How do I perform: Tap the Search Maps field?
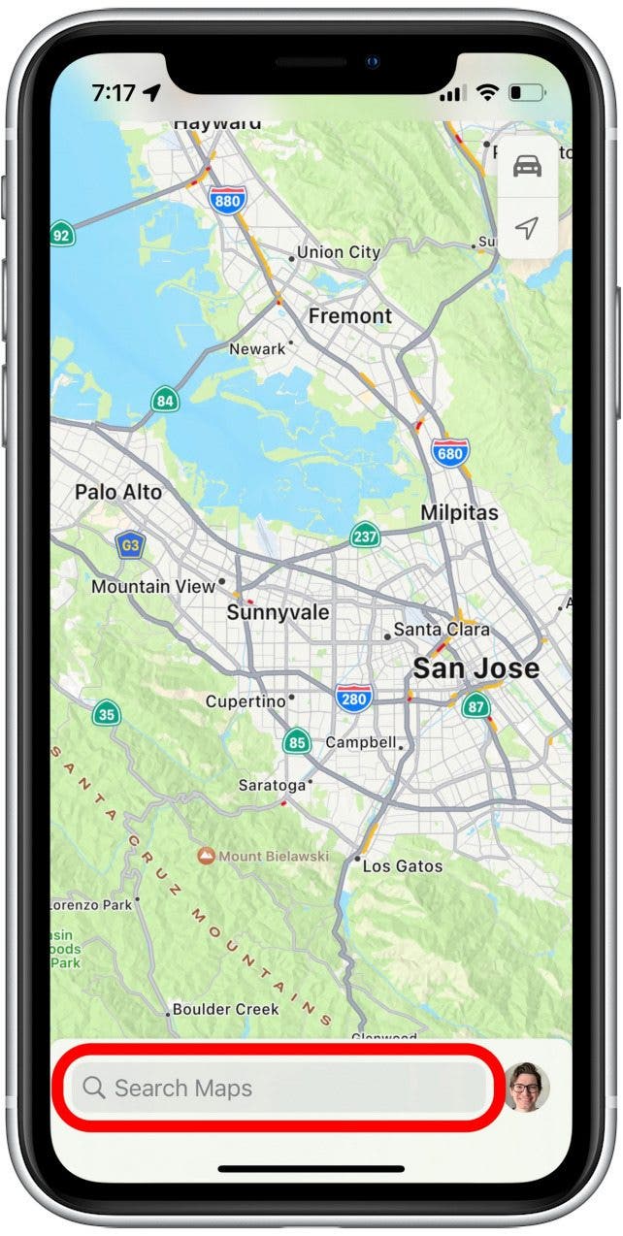pyautogui.click(x=277, y=1088)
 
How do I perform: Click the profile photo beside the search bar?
pyautogui.click(x=527, y=1088)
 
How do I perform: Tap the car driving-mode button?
pyautogui.click(x=527, y=168)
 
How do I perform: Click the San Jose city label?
pyautogui.click(x=475, y=668)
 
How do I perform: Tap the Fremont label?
pyautogui.click(x=350, y=316)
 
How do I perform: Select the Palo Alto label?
pyautogui.click(x=118, y=492)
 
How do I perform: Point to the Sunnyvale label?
pyautogui.click(x=278, y=613)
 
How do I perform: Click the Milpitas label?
pyautogui.click(x=459, y=513)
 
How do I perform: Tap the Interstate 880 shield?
pyautogui.click(x=227, y=199)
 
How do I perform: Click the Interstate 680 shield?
pyautogui.click(x=450, y=452)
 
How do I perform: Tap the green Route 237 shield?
pyautogui.click(x=365, y=537)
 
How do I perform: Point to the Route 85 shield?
pyautogui.click(x=297, y=743)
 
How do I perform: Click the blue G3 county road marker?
pyautogui.click(x=129, y=545)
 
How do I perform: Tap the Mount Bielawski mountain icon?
pyautogui.click(x=206, y=856)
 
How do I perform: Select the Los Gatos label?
pyautogui.click(x=402, y=865)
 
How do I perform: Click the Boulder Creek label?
pyautogui.click(x=226, y=1009)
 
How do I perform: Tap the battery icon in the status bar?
pyautogui.click(x=528, y=93)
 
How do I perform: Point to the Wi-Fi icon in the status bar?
pyautogui.click(x=488, y=93)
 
